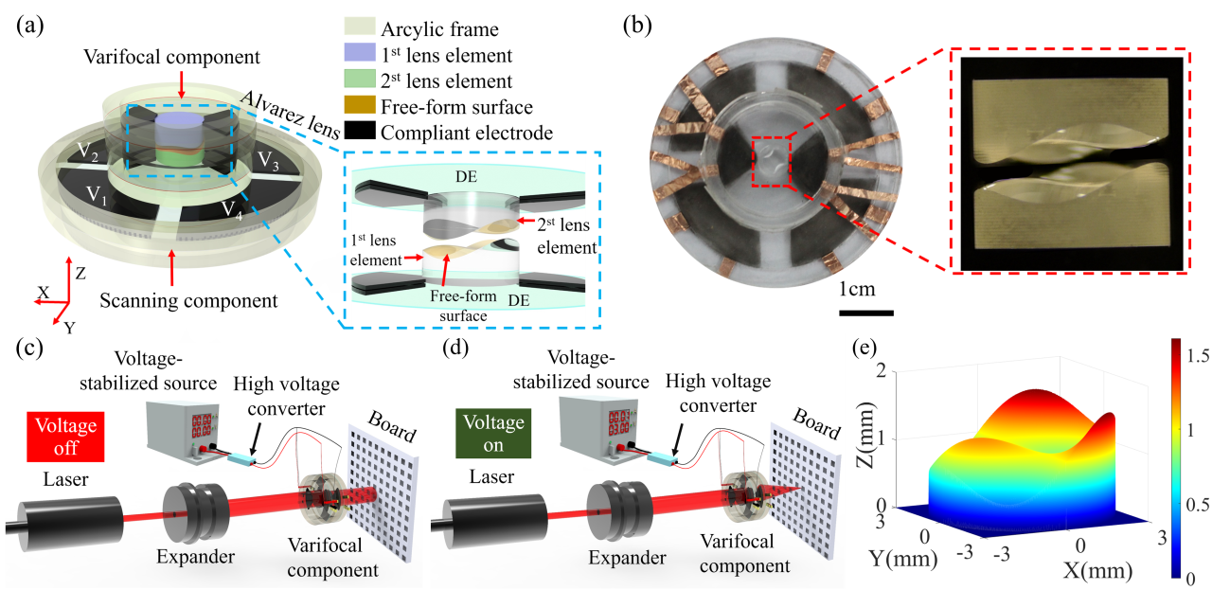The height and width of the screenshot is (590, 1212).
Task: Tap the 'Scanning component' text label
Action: pyautogui.click(x=189, y=300)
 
